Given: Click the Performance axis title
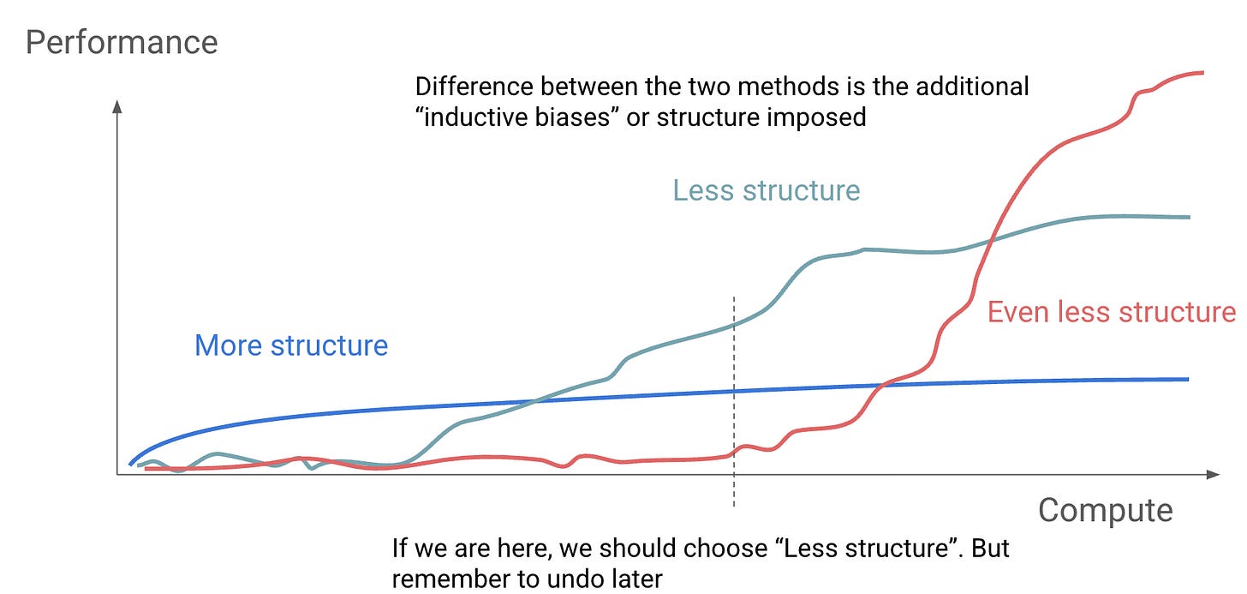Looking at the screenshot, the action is pos(122,44).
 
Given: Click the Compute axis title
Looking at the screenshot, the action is pos(1105,511).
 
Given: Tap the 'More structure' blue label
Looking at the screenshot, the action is pos(291,345).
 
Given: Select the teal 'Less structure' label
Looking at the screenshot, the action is pos(767,190).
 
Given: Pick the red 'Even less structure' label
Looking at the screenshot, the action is pos(1112,312).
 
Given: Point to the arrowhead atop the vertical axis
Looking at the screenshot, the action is pos(116,106).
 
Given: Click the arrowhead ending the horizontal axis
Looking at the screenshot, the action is pos(1213,475).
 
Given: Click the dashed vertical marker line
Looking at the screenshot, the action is pos(734,402).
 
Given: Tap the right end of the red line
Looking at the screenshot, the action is pos(1203,73).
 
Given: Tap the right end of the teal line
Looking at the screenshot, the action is pos(1190,218).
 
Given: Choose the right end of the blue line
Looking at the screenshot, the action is pos(1189,380).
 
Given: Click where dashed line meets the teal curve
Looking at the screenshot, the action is pos(734,325).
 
